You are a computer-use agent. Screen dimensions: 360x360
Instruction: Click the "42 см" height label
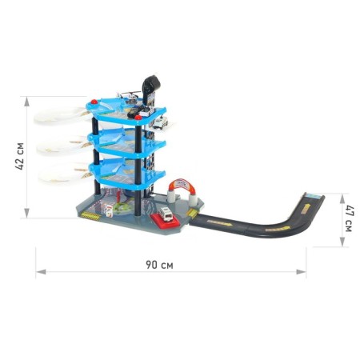point(20,157)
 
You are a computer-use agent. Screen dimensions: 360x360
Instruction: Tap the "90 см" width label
point(159,265)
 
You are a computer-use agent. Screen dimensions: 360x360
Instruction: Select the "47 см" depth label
point(349,218)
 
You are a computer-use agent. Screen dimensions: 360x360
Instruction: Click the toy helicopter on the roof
point(130,97)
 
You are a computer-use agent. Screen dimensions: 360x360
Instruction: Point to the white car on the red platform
point(166,214)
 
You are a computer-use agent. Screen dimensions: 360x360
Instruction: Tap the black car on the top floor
point(133,113)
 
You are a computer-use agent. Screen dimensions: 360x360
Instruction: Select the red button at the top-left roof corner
point(94,102)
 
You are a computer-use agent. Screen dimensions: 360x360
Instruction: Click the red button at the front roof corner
point(138,118)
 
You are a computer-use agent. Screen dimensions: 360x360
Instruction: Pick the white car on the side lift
point(160,122)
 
